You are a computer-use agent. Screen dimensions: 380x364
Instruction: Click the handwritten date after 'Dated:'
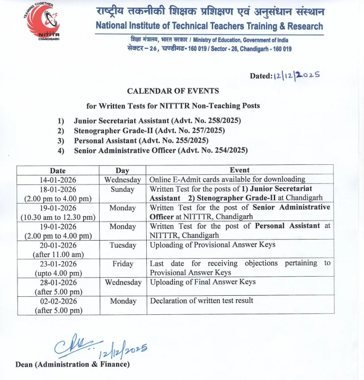297,75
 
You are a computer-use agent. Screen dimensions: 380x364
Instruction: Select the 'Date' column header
58,171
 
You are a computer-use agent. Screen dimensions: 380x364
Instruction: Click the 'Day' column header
122,171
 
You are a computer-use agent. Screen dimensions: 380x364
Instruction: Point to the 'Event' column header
239,170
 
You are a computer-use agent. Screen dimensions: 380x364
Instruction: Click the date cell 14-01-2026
58,180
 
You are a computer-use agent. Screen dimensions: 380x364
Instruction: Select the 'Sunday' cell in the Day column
122,189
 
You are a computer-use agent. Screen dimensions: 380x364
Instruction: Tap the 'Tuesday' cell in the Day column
123,245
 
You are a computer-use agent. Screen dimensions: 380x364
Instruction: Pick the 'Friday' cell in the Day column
123,264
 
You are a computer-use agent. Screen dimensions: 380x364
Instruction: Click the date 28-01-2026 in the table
58,282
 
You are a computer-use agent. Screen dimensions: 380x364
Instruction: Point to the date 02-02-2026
58,301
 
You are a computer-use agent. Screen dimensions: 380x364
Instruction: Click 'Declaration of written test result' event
201,301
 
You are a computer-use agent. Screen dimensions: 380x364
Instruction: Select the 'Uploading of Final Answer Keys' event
203,282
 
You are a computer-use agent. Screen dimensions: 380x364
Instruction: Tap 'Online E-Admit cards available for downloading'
227,180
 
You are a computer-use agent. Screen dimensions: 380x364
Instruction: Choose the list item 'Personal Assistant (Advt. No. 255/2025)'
141,140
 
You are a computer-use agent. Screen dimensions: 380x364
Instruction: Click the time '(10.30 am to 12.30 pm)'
58,217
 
